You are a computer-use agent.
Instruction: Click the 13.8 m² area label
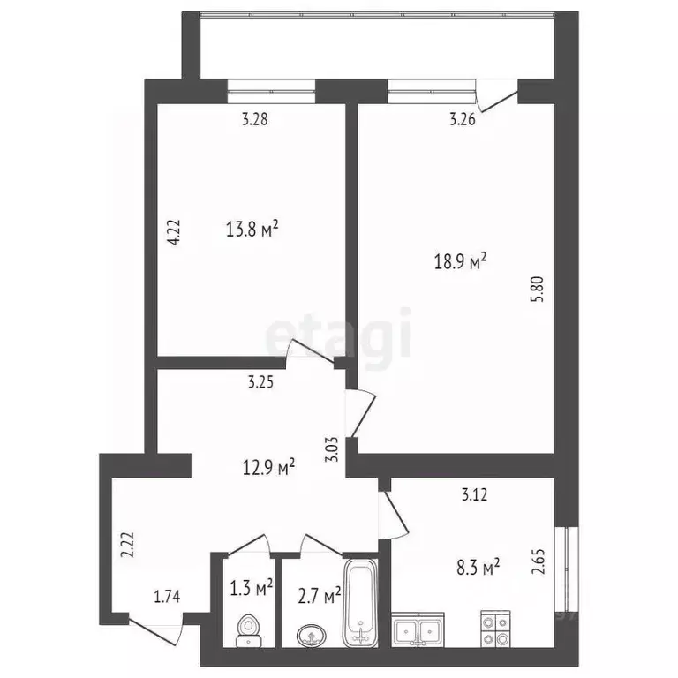pyautogui.click(x=252, y=230)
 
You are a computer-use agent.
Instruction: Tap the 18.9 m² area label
pyautogui.click(x=460, y=261)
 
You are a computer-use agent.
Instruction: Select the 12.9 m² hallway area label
pyautogui.click(x=268, y=466)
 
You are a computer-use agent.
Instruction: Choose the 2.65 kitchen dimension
pyautogui.click(x=538, y=563)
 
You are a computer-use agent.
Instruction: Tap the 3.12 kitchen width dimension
pyautogui.click(x=476, y=495)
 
